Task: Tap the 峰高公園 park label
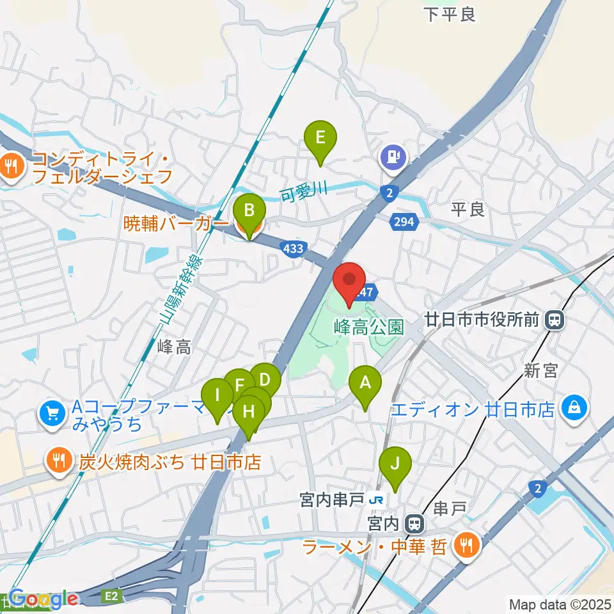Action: coord(369,327)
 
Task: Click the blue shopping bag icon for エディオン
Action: coord(574,406)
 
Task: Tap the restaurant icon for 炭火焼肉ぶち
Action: coord(59,461)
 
